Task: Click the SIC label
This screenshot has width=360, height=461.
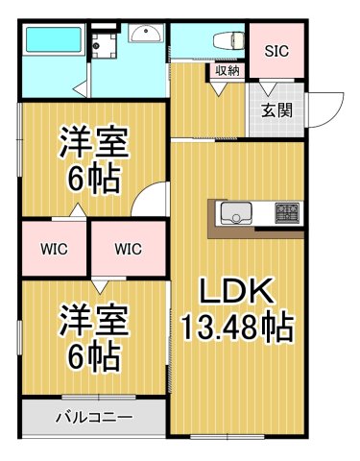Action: point(276,50)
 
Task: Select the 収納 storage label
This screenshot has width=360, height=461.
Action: point(228,70)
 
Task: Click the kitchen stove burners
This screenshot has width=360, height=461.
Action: point(287,211)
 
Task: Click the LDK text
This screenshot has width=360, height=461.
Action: point(237,290)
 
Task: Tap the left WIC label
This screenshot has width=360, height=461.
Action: point(54,250)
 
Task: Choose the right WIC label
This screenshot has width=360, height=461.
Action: point(127,250)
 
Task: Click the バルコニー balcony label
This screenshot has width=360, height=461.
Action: point(94,418)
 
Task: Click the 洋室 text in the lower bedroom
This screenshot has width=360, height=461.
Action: point(92,318)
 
